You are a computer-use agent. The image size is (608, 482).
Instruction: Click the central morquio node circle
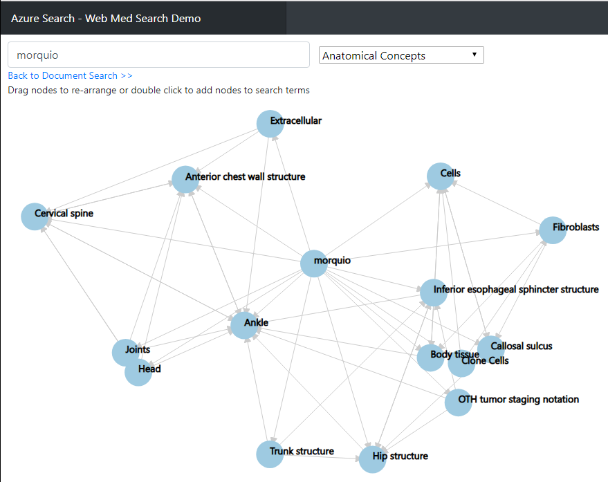(313, 263)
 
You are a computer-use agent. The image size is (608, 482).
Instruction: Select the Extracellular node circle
(270, 124)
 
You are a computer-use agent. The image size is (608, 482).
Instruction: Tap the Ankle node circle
(243, 325)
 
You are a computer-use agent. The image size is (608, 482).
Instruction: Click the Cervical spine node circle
(35, 216)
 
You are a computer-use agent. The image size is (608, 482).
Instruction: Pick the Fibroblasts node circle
(552, 230)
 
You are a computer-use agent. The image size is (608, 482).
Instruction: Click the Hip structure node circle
(372, 459)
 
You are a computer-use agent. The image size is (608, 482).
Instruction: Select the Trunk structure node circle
(270, 454)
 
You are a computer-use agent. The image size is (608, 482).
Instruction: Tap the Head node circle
(138, 372)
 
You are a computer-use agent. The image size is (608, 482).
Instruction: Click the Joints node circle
(125, 352)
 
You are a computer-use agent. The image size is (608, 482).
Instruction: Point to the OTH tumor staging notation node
(458, 402)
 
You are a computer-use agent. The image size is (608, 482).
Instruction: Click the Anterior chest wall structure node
(185, 180)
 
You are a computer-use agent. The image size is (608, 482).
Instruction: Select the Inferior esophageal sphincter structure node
(434, 293)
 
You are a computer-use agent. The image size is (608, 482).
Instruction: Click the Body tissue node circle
(430, 358)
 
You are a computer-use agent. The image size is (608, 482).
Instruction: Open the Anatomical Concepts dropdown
(401, 55)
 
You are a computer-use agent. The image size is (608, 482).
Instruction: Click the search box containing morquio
(158, 55)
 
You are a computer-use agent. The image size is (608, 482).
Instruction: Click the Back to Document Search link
(70, 75)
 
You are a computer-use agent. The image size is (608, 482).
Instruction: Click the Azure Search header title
(106, 18)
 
